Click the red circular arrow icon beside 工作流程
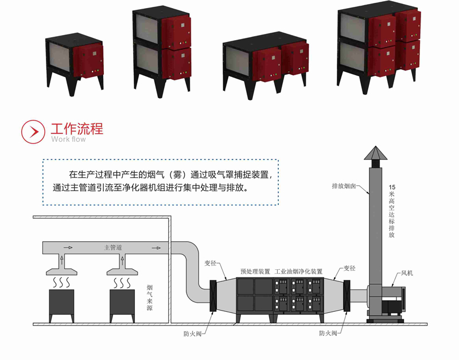pos(33,131)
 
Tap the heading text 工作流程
pos(77,128)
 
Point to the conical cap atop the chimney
pos(374,154)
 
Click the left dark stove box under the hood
pos(61,304)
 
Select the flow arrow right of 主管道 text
pos(155,248)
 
